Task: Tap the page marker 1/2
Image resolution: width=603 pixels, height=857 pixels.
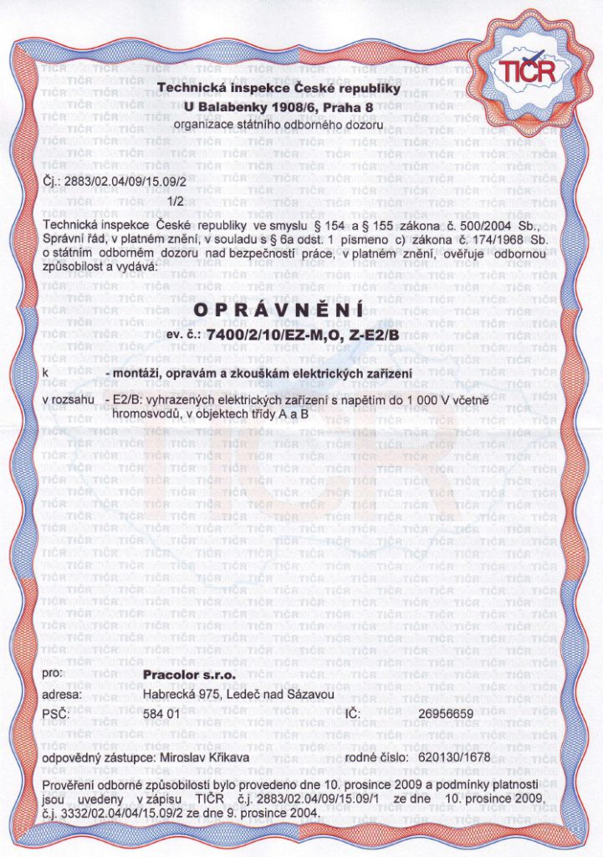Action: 176,201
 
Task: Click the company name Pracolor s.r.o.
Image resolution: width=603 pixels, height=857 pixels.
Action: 190,674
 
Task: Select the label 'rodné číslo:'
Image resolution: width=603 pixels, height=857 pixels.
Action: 379,757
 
